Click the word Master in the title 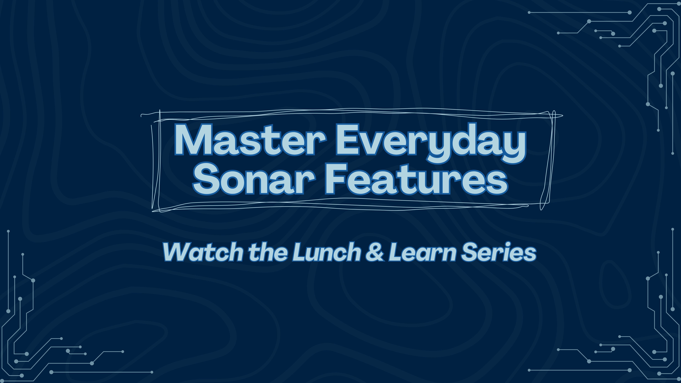pos(250,140)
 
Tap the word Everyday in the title pos(431,141)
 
